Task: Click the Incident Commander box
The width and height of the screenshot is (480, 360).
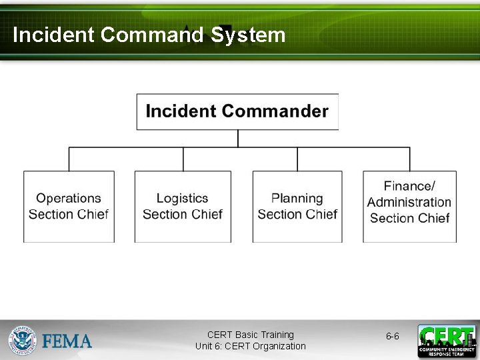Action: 237,111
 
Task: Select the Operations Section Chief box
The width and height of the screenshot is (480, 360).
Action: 69,207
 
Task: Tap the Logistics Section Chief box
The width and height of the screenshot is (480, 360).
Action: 183,207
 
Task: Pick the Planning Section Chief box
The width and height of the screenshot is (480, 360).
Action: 297,207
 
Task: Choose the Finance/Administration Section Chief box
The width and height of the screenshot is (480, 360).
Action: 409,207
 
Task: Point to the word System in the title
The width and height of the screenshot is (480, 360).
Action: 248,35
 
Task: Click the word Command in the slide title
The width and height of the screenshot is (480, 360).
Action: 152,35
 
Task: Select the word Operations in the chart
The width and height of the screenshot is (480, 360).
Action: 69,198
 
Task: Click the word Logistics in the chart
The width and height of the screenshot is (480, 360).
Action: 183,198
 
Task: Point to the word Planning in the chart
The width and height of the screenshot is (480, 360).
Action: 297,198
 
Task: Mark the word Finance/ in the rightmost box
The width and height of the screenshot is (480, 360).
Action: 409,186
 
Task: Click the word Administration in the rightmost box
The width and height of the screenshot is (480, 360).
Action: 409,202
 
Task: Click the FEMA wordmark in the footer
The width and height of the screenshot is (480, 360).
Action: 67,341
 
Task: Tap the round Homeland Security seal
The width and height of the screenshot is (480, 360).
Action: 23,341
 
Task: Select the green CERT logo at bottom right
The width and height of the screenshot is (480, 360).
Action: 447,341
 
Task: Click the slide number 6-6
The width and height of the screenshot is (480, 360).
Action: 393,337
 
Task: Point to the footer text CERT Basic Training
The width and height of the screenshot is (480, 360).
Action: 251,335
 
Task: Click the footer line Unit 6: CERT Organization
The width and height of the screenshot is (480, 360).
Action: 251,346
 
